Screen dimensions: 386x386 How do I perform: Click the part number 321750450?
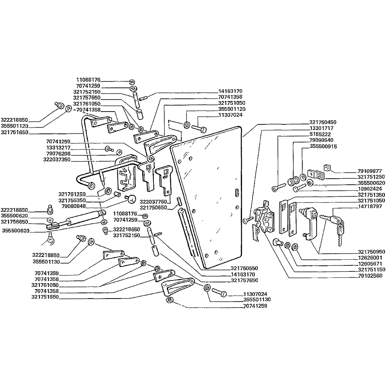point(323,122)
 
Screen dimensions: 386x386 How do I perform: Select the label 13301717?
point(322,128)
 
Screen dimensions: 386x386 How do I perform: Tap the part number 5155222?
point(320,134)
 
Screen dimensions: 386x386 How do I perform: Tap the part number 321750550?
point(245,268)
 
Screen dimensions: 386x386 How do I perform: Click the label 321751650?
point(14,132)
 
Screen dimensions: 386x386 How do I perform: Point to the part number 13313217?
point(58,148)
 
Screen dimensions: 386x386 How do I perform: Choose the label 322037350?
point(57,160)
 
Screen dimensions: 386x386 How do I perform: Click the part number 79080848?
point(72,206)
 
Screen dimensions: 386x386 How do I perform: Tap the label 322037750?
point(153,202)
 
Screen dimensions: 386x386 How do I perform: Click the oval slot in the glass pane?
point(236,192)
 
